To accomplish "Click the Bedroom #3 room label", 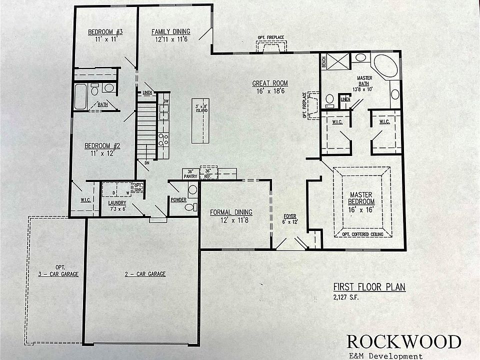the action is pos(105,32).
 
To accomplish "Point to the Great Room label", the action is pos(270,83).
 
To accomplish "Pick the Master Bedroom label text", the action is pos(362,197).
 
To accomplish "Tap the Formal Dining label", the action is pos(231,211).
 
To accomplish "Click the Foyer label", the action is pos(290,216).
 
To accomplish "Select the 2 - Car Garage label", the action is pos(145,273).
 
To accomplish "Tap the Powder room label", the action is pos(178,199).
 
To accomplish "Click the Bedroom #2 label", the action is pos(102,146).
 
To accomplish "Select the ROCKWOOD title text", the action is pos(403,341).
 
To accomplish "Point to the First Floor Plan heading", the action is pos(369,287).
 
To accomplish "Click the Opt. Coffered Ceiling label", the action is pos(362,233).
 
